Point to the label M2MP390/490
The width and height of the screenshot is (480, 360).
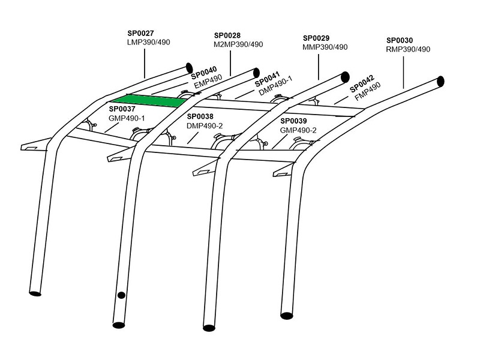coord(238,44)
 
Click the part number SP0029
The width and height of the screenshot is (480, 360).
coord(316,38)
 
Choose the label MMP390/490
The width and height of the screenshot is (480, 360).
coord(324,47)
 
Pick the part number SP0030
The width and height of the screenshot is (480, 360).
coord(400,40)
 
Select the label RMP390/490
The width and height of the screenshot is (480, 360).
coord(408,49)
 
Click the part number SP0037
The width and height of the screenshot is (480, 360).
coord(122,109)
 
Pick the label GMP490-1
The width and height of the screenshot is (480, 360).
coord(127,118)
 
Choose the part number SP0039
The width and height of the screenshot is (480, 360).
coord(293,121)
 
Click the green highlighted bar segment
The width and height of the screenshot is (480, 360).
coord(145,100)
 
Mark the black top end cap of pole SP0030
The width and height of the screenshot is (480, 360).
coord(440,81)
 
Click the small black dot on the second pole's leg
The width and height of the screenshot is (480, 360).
coord(121,295)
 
